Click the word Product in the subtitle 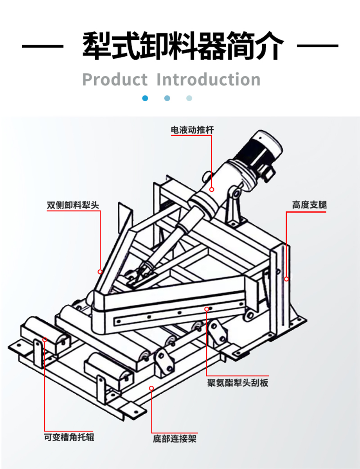(115, 79)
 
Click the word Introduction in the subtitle (209, 79)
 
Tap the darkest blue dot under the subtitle (146, 98)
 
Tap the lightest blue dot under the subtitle (189, 98)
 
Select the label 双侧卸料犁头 (73, 205)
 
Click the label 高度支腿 (309, 205)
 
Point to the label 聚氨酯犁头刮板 (238, 383)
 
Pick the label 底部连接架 (175, 438)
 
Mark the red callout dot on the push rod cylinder (212, 189)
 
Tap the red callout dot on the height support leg (286, 279)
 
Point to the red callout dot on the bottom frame (151, 388)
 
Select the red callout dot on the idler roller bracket (45, 340)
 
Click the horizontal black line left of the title (42, 46)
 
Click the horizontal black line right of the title (318, 46)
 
